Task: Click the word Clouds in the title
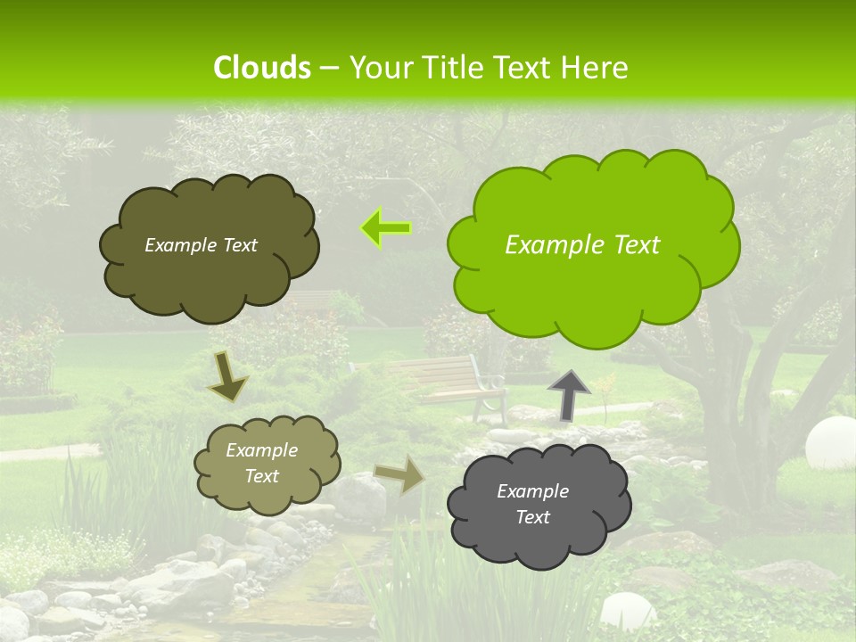tap(262, 68)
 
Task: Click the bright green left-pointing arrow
tap(386, 228)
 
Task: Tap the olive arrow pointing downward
tap(228, 376)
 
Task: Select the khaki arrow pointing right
tap(399, 474)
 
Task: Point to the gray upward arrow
tap(568, 395)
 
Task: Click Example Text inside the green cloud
tap(582, 245)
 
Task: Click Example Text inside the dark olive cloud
tap(201, 245)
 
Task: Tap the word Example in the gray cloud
tap(532, 491)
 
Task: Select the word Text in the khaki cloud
tap(262, 476)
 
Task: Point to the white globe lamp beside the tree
tap(829, 441)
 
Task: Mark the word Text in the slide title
tap(527, 68)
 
